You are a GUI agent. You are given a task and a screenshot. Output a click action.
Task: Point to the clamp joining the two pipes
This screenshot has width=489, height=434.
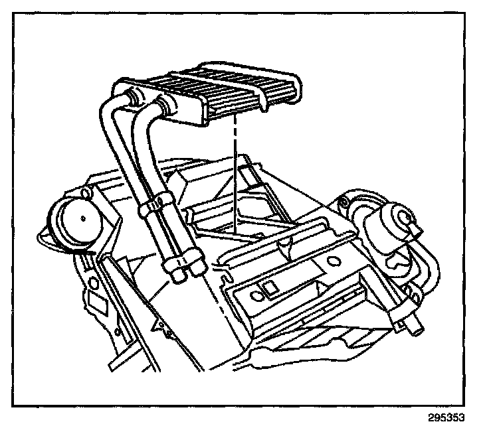[x=151, y=204]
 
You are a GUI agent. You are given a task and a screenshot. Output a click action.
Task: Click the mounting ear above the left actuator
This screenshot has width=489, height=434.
[x=84, y=193]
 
